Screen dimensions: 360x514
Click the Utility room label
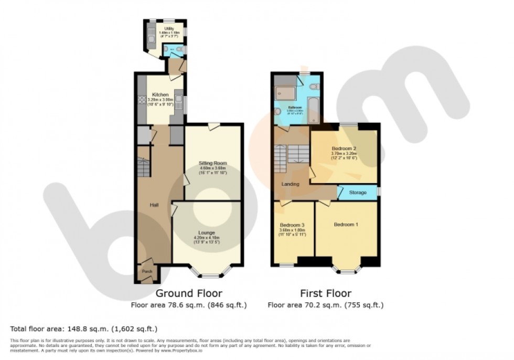coord(169,29)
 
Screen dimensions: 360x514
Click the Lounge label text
coord(206,232)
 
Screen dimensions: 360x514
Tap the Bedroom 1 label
coord(346,225)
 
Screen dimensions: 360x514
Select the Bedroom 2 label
coord(344,149)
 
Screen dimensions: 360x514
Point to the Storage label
coord(358,193)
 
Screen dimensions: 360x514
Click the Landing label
coord(290,184)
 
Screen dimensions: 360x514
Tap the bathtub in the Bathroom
coord(314,108)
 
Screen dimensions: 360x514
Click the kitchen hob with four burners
coord(142,100)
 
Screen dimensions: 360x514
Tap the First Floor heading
coord(325,293)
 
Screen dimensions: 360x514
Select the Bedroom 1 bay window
coord(346,270)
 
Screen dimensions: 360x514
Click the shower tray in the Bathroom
coord(285,93)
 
